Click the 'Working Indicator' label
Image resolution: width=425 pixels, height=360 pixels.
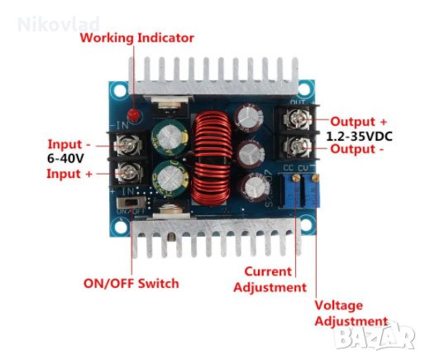[136, 38]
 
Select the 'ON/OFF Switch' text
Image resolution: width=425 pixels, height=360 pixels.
[131, 283]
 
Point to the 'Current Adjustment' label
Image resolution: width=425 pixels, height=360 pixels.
[269, 280]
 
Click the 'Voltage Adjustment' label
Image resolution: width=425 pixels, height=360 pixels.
[350, 313]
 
